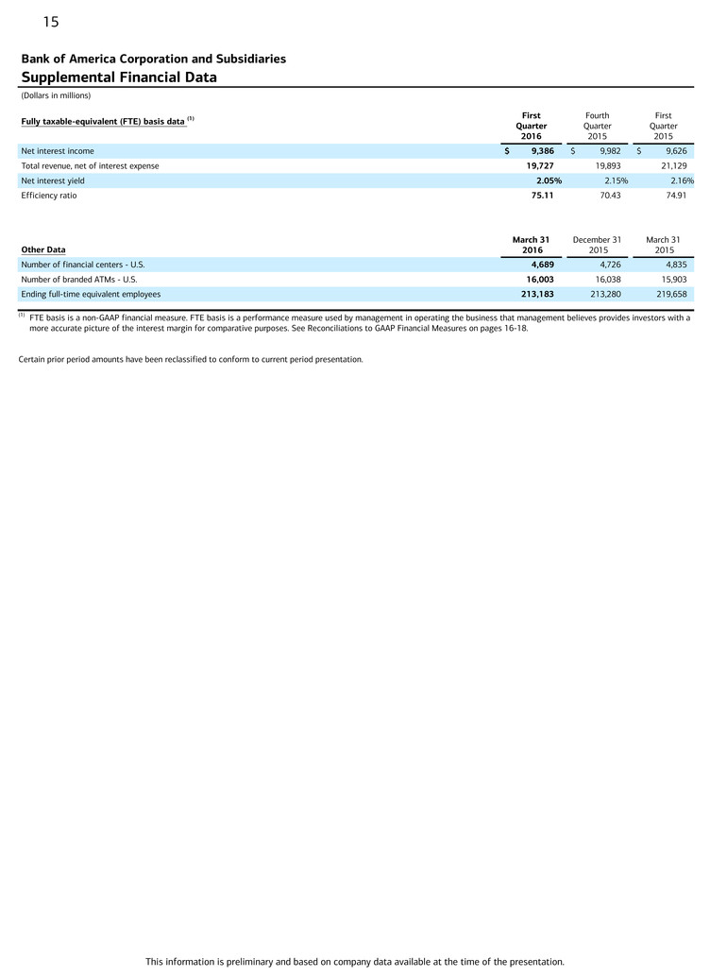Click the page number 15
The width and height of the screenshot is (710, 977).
pos(50,22)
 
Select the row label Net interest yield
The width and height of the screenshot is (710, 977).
pos(53,180)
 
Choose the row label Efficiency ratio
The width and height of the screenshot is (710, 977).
pos(49,196)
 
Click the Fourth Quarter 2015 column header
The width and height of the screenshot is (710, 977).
pos(597,126)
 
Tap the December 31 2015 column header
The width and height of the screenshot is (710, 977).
pos(597,245)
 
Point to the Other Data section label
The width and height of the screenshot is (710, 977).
pos(43,249)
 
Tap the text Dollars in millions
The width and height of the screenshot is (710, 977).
pos(56,95)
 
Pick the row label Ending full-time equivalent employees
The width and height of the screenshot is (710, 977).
pos(91,294)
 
